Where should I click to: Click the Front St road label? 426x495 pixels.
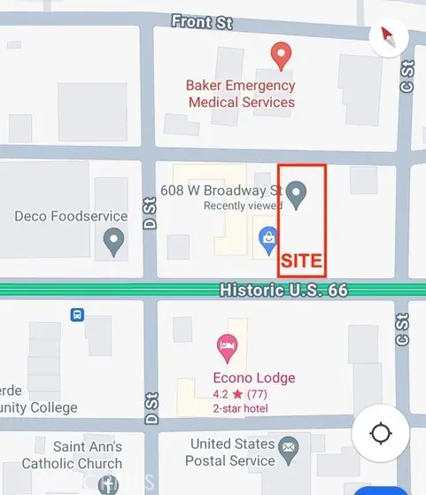tap(202, 22)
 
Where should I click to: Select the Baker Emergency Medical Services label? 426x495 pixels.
tap(240, 94)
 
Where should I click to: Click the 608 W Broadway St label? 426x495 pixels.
tap(221, 190)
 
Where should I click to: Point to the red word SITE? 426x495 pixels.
tap(301, 263)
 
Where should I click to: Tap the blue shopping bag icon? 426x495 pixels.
tap(266, 237)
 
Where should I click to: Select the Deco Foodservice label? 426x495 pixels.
tap(72, 215)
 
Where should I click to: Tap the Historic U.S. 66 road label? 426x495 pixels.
tap(283, 290)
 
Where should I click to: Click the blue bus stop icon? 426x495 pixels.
tap(77, 314)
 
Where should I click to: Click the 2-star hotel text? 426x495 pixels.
tap(241, 408)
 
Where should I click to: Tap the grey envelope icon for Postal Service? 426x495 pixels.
tap(288, 451)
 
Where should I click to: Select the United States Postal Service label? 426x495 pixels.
tap(232, 452)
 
